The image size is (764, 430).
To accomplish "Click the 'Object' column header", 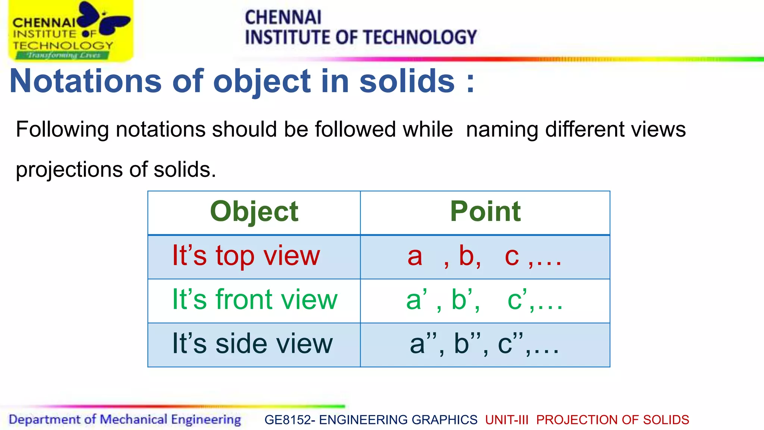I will [x=254, y=212].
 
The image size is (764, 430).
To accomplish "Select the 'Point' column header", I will [x=485, y=212].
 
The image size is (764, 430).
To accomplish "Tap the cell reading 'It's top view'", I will [x=246, y=256].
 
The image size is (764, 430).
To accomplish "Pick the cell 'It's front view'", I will [x=254, y=300].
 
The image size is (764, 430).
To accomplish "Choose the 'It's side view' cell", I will [x=252, y=344].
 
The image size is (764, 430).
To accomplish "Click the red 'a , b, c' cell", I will [x=485, y=256].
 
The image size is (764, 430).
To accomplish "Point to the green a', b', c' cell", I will [x=484, y=300].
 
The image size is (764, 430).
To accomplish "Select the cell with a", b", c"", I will [x=484, y=344].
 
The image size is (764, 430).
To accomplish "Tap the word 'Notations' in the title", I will [x=85, y=81].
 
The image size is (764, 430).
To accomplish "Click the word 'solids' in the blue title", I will [x=407, y=81].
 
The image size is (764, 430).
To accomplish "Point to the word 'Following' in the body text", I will [x=62, y=130].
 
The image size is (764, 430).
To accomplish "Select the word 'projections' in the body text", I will [x=69, y=169].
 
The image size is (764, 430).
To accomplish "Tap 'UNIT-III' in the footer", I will [x=507, y=420].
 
